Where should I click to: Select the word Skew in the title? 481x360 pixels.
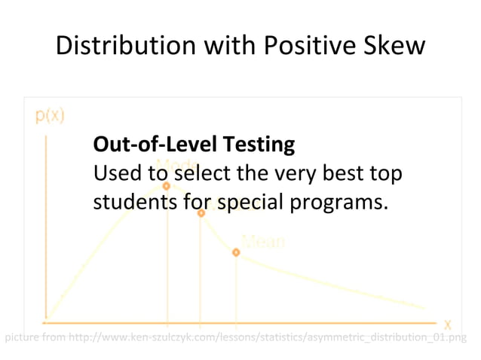(397, 47)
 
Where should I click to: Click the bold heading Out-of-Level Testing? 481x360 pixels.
(193, 143)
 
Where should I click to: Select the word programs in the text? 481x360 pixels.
(341, 203)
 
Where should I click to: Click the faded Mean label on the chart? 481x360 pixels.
(263, 241)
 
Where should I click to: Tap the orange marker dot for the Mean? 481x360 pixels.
(236, 252)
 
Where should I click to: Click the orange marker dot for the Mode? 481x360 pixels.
(167, 185)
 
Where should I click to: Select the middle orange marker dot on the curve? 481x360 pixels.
(201, 213)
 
